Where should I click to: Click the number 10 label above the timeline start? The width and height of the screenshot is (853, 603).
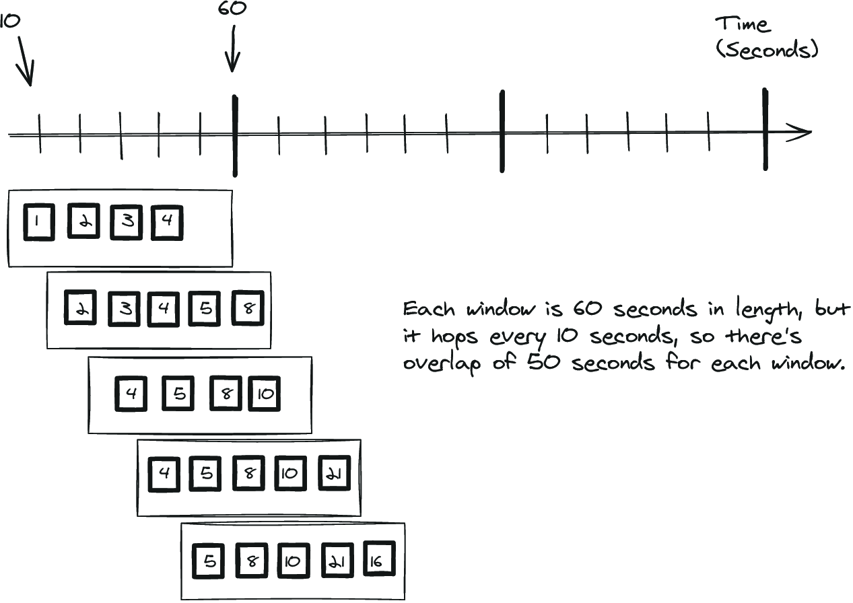pos(10,22)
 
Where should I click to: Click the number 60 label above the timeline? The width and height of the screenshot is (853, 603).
pos(232,8)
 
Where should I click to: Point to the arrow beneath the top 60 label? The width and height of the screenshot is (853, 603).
pos(233,48)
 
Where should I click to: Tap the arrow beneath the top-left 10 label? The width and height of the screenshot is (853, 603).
pos(25,61)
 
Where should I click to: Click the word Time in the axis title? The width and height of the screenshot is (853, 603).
pos(743,24)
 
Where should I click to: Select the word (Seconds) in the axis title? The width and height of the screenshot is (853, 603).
pos(767,50)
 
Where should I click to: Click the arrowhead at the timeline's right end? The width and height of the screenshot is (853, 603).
pos(800,133)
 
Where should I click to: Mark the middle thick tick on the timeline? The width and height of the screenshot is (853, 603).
pos(502,131)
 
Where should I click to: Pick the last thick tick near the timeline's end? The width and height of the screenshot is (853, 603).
pos(765,129)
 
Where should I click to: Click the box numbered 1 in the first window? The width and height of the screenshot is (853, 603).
pos(39,222)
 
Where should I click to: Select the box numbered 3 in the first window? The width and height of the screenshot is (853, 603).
pos(127,222)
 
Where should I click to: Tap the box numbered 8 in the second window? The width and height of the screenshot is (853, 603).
pos(248,308)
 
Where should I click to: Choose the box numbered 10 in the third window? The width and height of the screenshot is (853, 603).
pos(265,394)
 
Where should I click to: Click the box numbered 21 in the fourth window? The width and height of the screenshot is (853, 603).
pos(335,473)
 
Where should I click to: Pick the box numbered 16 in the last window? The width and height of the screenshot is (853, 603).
pos(379,559)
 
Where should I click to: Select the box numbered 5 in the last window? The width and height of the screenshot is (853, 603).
pos(208,561)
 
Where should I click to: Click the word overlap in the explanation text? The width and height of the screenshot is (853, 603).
pos(442,363)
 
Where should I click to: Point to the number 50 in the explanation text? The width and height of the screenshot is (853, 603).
pos(544,361)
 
